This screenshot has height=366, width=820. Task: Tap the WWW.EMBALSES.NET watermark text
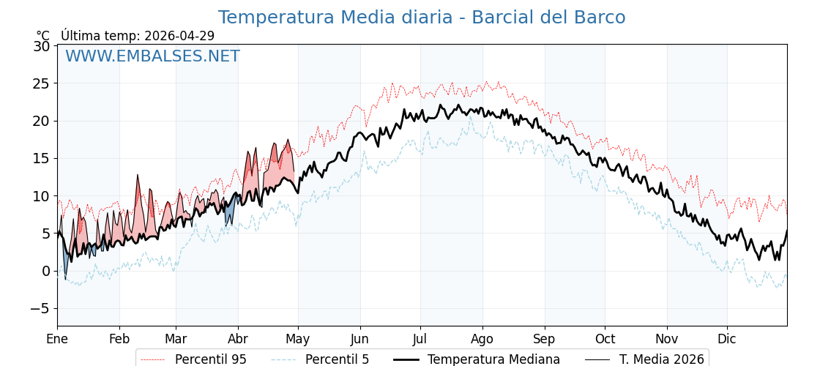coord(152,56)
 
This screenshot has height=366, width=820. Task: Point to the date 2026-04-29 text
coord(179,36)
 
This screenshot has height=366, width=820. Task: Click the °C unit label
coord(42,36)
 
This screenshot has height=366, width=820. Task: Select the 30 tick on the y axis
coord(42,46)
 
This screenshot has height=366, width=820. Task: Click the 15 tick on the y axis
coord(42,158)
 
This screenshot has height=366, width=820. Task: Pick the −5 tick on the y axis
coord(40,308)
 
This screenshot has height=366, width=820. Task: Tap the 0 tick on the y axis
coord(45,271)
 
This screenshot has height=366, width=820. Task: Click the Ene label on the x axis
coord(57,339)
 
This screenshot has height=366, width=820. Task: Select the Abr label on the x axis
coord(238,339)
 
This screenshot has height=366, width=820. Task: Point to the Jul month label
coord(420,339)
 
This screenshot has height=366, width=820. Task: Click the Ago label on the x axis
coord(482,339)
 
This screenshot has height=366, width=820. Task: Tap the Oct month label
coord(605,339)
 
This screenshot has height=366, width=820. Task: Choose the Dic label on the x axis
coord(727,339)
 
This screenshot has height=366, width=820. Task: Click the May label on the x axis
coord(297,339)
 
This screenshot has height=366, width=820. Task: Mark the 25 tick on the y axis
coord(42,83)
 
